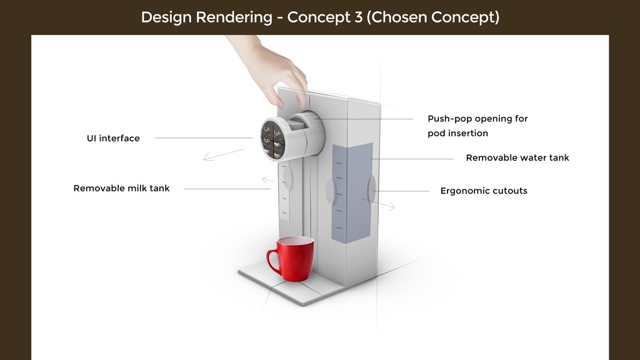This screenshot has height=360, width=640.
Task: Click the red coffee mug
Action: click(x=294, y=257)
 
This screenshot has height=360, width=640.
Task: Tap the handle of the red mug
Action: click(x=272, y=261)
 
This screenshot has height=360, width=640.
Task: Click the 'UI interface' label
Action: click(x=113, y=138)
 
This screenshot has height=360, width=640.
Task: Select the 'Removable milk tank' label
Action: click(x=121, y=188)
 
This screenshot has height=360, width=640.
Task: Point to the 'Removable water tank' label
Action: click(x=517, y=157)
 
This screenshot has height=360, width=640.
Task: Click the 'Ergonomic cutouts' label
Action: click(x=484, y=191)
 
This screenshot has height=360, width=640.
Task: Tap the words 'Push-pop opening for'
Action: click(x=477, y=119)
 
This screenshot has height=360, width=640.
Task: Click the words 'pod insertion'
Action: click(x=457, y=133)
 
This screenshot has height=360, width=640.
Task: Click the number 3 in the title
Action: click(x=358, y=17)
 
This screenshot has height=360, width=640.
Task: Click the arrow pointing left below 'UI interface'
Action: click(x=223, y=154)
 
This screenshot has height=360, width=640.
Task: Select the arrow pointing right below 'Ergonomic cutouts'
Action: click(x=379, y=204)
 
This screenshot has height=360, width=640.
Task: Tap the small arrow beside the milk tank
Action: click(x=267, y=181)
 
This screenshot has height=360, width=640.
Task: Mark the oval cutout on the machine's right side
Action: click(x=372, y=189)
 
